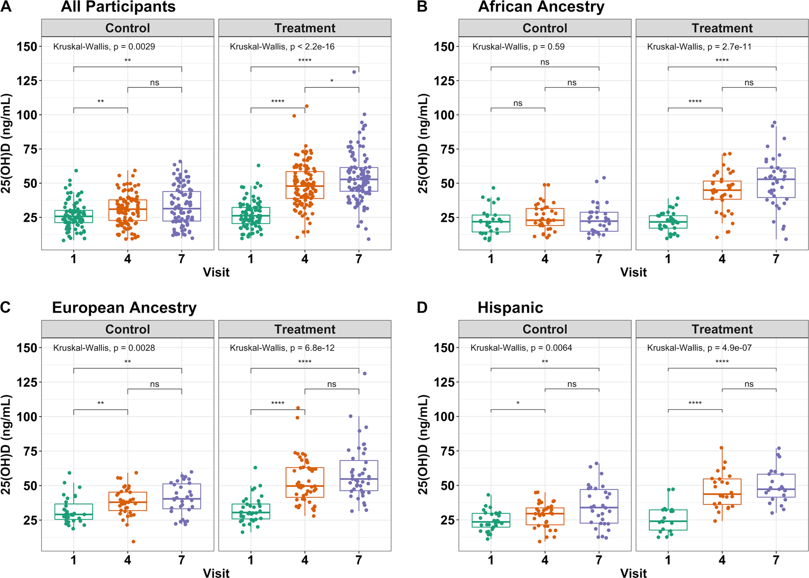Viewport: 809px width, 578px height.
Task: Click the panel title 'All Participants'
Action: point(118,7)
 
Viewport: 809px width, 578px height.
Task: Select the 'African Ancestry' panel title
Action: point(541,7)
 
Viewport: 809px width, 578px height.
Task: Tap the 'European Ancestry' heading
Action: point(124,308)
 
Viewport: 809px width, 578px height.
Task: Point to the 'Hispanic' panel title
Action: point(510,308)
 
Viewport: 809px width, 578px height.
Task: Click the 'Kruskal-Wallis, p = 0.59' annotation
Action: point(518,46)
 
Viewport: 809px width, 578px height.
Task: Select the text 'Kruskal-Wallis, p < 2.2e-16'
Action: point(282,46)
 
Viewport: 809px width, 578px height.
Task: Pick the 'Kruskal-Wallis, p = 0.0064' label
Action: point(521,348)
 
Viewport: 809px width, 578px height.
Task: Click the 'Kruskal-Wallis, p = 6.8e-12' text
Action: point(282,348)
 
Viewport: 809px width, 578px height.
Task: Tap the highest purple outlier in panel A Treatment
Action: point(354,72)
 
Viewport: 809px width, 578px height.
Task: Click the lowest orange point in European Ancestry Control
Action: point(133,542)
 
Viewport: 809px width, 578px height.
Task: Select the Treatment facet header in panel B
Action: point(722,28)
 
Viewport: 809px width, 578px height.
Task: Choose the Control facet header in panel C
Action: point(128,329)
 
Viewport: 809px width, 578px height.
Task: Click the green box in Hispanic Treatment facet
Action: point(668,520)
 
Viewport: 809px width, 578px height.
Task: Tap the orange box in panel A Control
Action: point(128,210)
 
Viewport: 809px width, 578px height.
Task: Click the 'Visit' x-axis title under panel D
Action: point(633,573)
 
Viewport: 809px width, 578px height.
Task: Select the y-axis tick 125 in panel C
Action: point(27,382)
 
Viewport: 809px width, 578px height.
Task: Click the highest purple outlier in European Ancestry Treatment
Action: point(365,373)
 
